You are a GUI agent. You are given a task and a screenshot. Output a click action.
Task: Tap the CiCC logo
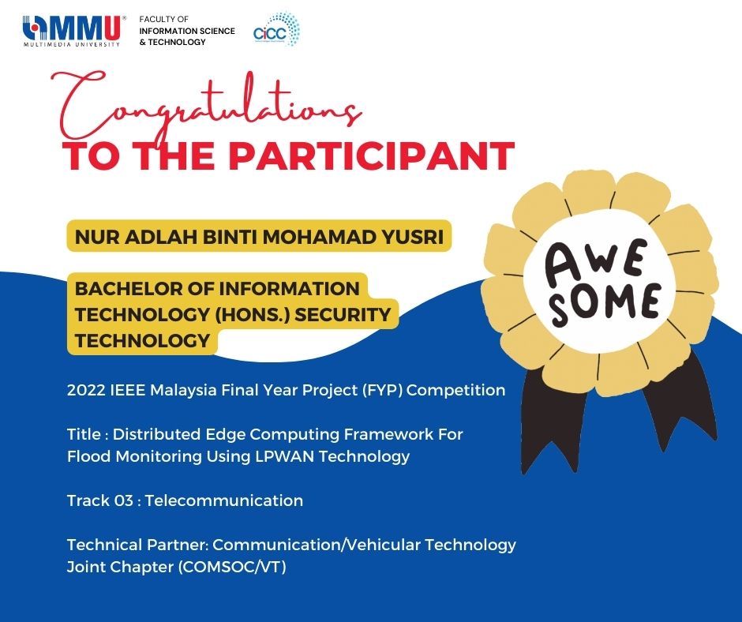[276, 29]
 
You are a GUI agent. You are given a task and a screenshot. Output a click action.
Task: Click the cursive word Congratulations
[207, 105]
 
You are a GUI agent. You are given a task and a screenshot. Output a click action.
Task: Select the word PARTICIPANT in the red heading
[372, 155]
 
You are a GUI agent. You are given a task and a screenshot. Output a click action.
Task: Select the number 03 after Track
[123, 500]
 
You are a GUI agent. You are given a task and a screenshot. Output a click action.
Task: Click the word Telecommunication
[224, 500]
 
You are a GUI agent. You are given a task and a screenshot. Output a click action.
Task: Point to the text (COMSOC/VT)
[232, 567]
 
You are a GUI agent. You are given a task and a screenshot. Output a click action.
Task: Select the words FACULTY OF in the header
[163, 19]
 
